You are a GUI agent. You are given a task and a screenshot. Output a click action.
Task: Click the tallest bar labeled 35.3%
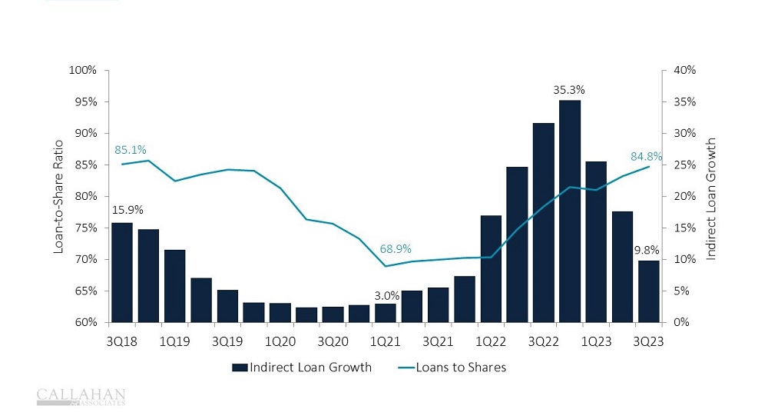570,211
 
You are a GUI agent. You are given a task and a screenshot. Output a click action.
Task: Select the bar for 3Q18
122,272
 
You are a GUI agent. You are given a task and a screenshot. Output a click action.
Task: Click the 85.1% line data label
131,149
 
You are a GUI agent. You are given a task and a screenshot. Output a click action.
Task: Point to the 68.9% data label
396,249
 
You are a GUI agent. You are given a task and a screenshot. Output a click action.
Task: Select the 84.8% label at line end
647,157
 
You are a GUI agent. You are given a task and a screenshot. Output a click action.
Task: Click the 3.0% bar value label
386,295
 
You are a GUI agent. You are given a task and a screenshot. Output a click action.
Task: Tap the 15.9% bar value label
128,209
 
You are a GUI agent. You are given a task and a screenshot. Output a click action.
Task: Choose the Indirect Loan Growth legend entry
302,367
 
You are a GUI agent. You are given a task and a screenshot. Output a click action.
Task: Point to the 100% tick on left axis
83,70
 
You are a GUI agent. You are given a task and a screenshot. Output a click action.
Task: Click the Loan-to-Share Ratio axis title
58,197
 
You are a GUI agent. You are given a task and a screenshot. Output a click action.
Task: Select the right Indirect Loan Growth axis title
710,198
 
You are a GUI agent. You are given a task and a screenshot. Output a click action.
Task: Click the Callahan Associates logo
81,397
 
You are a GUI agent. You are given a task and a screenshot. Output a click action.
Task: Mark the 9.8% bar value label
646,251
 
